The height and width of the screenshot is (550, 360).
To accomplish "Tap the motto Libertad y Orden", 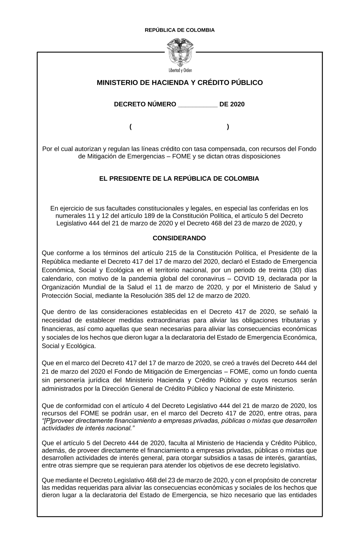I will click(x=180, y=70).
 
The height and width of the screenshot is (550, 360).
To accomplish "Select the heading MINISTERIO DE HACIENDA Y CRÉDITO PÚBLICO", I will click(x=180, y=83).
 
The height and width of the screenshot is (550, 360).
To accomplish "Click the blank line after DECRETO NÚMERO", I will click(x=198, y=105).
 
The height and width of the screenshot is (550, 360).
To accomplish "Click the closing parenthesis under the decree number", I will click(x=228, y=127).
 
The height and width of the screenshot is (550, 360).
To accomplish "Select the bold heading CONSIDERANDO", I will click(x=179, y=238).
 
